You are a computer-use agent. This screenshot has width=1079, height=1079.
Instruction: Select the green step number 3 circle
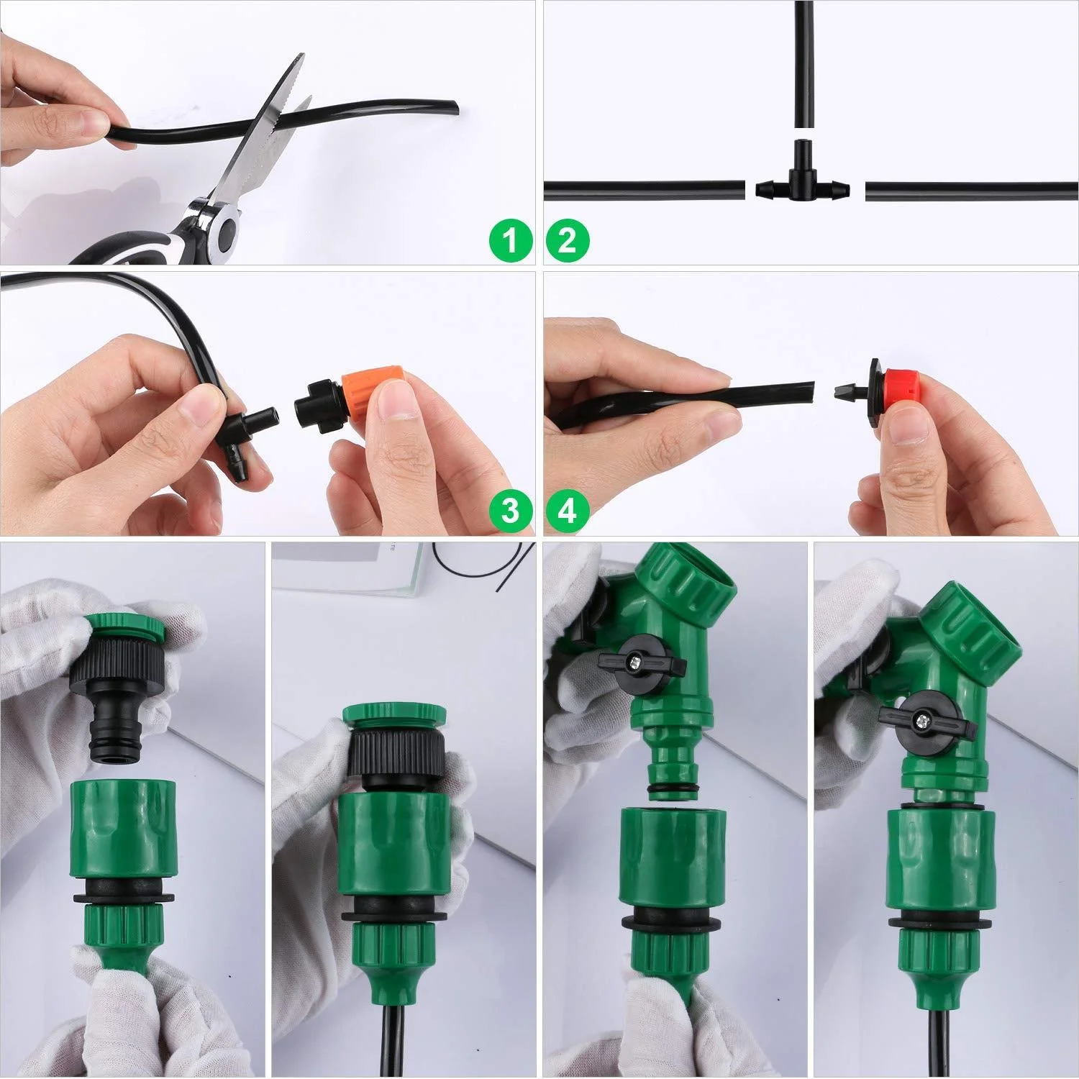pyautogui.click(x=510, y=511)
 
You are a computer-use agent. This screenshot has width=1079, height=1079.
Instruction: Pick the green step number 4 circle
pyautogui.click(x=568, y=511)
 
